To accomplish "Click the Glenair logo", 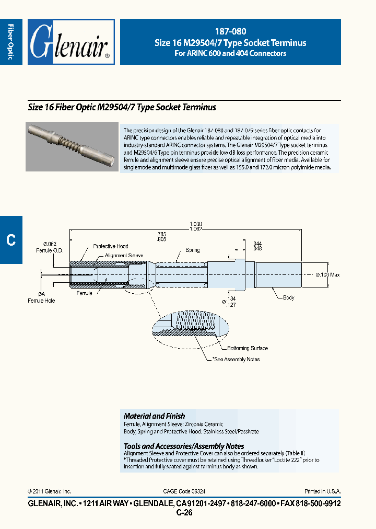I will tap(70, 42).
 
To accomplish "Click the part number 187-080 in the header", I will tap(230, 31).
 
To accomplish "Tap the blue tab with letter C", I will tap(11, 240).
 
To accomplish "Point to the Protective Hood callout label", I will tap(110, 246).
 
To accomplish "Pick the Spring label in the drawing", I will tap(193, 250).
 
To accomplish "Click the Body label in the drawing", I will tap(289, 297).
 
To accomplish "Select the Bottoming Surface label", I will tap(248, 348).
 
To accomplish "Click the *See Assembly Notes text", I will tap(236, 359).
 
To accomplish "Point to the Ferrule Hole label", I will tap(41, 301).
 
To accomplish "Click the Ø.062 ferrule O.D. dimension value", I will tap(50, 244).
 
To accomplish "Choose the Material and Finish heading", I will tap(154, 416).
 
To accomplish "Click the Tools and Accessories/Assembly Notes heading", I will tap(184, 446).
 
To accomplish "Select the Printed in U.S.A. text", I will tap(322, 491).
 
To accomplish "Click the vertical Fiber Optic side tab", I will tap(11, 42).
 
